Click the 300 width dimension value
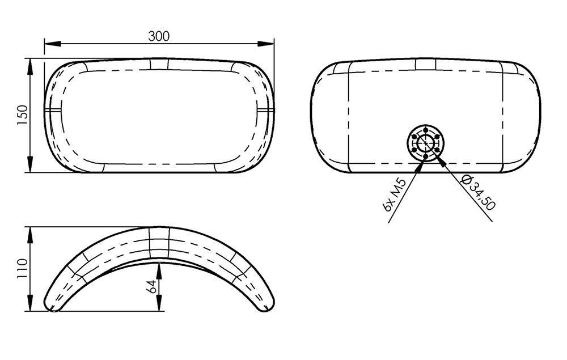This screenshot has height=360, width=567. (x=159, y=36)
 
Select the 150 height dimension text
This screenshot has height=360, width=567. (x=23, y=115)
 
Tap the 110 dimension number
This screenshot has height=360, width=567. (x=23, y=268)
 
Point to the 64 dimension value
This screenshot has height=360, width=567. (x=151, y=286)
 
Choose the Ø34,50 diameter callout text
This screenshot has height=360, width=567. (x=478, y=192)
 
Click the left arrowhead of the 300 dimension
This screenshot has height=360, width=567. (x=52, y=44)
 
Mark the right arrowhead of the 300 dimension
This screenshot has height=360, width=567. (x=266, y=44)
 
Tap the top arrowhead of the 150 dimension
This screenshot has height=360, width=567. (x=30, y=66)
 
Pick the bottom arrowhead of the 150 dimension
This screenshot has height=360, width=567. (x=30, y=164)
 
